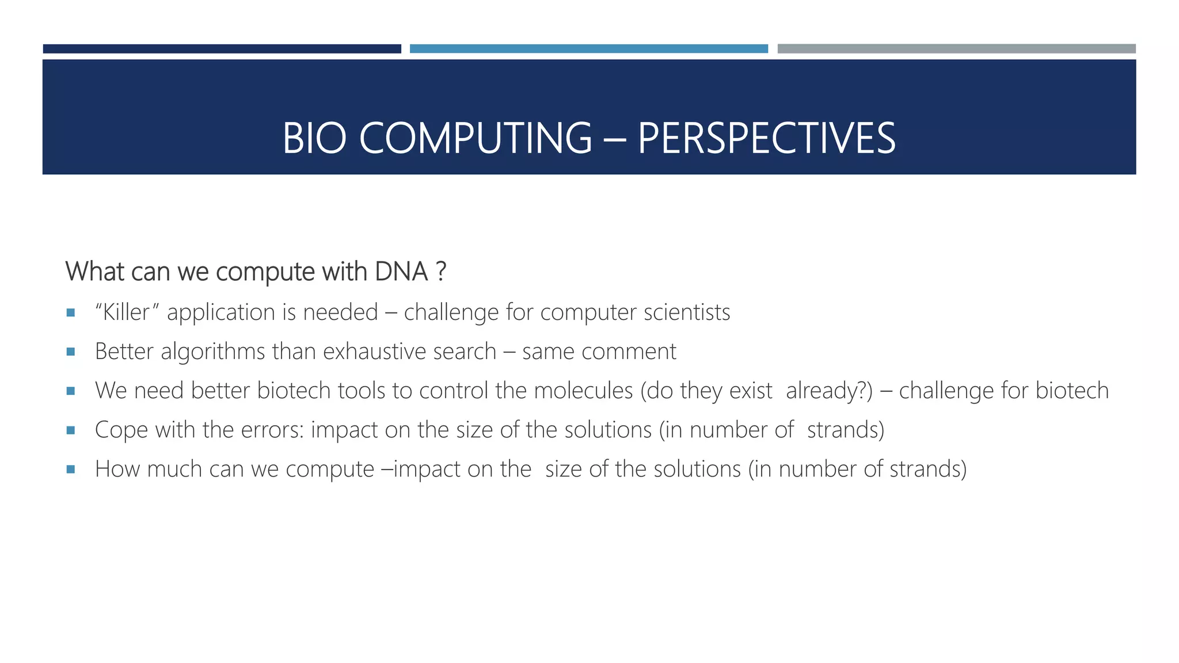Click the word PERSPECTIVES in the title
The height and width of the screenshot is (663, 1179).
[766, 139]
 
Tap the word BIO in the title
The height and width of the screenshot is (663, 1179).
[314, 139]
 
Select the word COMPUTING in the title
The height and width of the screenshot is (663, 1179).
[476, 139]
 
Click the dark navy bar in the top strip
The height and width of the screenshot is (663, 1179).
[222, 49]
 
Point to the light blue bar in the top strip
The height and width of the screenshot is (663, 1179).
[588, 49]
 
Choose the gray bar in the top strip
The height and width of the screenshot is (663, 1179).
[956, 49]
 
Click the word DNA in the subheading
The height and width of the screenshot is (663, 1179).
[401, 272]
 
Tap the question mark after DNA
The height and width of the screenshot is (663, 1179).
[441, 272]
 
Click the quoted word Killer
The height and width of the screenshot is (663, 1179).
[127, 313]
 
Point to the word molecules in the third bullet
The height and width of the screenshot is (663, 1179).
[583, 391]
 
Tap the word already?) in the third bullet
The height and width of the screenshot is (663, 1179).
[829, 391]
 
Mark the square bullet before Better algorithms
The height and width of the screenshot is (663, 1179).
[71, 352]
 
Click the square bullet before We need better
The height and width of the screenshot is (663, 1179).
[71, 391]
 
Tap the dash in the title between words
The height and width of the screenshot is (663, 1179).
[614, 140]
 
